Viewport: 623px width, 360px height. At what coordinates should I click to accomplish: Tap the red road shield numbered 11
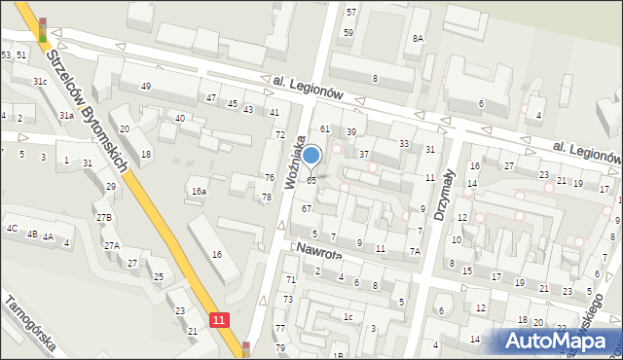click(x=222, y=319)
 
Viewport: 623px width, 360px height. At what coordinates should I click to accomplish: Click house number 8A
click(x=418, y=39)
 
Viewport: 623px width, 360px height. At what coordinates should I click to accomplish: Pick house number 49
click(x=145, y=87)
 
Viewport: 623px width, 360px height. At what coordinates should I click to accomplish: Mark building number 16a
click(x=199, y=192)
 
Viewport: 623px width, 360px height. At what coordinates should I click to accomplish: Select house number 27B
click(x=103, y=217)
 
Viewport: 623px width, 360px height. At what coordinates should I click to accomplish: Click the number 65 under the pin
click(x=311, y=180)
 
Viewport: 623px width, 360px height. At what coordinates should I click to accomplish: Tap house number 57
click(x=350, y=12)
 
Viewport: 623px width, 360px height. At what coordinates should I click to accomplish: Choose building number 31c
click(x=40, y=82)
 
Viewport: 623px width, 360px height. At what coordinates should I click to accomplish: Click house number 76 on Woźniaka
click(x=269, y=177)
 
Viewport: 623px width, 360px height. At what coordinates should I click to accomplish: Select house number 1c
click(x=348, y=316)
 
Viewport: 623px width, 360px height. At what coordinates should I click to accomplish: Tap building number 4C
click(x=12, y=229)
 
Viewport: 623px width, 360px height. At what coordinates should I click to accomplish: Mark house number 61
click(x=326, y=129)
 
